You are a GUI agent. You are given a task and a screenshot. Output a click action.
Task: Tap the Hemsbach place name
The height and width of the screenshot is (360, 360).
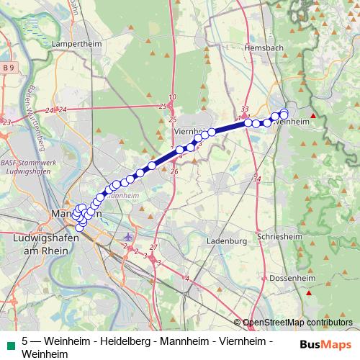tap(265, 47)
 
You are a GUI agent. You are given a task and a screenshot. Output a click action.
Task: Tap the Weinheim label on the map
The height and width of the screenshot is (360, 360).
tap(292, 122)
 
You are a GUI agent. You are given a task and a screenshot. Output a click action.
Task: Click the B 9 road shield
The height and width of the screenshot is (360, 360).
tap(9, 67)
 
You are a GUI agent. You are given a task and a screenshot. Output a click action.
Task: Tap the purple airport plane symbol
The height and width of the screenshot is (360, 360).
tap(128, 237)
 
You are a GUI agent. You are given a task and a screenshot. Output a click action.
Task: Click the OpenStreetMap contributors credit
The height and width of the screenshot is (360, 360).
tap(298, 323)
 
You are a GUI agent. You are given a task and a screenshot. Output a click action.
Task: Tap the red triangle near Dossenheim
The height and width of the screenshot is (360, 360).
tap(309, 292)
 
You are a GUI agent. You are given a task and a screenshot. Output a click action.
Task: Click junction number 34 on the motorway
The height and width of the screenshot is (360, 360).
tap(258, 178)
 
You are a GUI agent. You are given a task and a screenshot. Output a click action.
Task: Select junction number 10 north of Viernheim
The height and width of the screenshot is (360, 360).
tap(172, 96)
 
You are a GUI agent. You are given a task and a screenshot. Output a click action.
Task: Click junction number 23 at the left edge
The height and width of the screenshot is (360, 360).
tap(6, 122)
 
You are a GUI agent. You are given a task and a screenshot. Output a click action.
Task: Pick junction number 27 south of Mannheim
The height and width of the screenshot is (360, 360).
tap(153, 247)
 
